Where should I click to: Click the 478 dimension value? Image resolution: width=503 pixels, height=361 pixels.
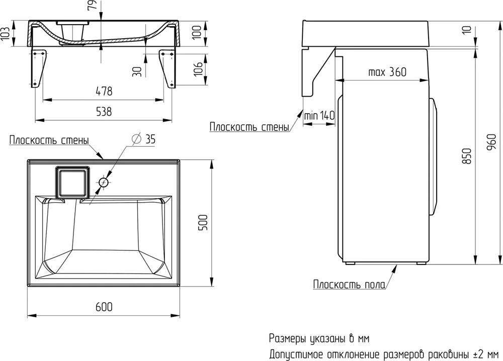104,92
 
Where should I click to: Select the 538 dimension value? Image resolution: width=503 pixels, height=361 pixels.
104,112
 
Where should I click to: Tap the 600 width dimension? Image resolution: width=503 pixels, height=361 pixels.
104,307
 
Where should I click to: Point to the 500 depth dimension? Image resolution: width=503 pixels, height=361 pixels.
203,222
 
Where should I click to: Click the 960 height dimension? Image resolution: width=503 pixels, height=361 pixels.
491,143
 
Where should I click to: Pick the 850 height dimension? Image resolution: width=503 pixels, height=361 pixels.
467,156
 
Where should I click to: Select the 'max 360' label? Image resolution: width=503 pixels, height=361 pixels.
387,72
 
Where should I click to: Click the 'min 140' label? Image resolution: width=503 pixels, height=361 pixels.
319,115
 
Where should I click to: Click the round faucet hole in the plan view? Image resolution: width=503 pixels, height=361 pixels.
104,183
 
